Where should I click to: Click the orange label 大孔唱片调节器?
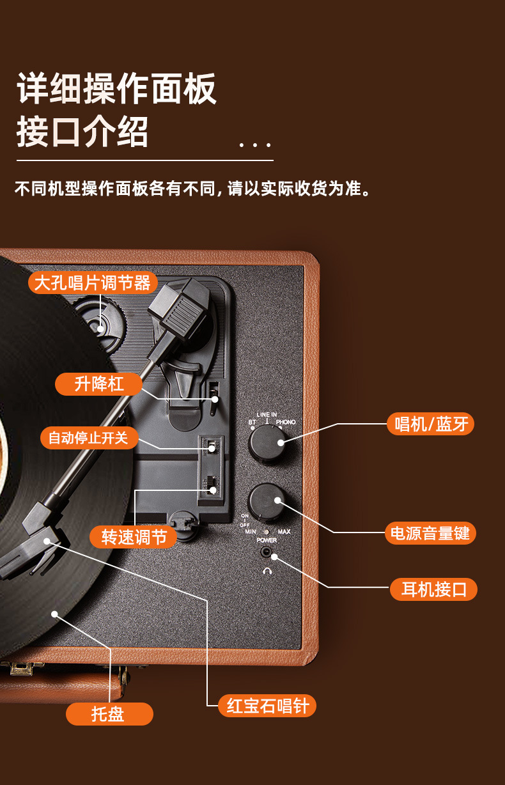click(92, 283)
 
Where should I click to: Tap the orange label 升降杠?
click(99, 384)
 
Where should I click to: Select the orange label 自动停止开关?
click(88, 438)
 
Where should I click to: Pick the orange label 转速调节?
click(134, 537)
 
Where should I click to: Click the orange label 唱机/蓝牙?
click(430, 424)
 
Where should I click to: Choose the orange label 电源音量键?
click(430, 533)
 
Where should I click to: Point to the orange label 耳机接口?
click(433, 589)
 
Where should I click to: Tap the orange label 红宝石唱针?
click(267, 706)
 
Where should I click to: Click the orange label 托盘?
click(109, 714)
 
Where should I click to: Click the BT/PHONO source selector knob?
click(267, 442)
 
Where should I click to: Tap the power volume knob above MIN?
click(267, 501)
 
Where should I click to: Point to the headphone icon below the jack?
click(267, 571)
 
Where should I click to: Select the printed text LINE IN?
click(267, 414)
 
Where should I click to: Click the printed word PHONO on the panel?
click(286, 422)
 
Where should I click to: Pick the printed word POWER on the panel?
click(267, 540)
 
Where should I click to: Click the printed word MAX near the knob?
click(284, 532)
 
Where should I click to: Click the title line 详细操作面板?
click(117, 89)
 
